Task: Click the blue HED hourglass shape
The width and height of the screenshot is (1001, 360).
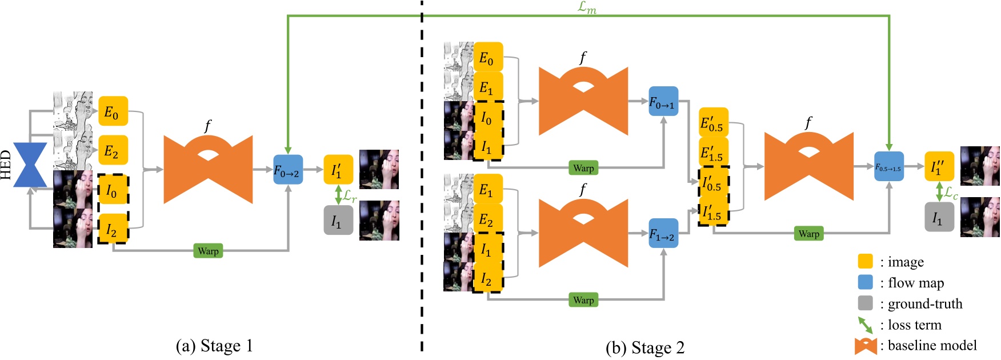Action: (x=30, y=165)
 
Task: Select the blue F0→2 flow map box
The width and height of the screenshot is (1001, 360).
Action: (x=287, y=170)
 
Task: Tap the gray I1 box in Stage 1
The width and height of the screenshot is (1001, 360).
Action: (x=338, y=220)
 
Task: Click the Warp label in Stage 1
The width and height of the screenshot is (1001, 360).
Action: (x=208, y=251)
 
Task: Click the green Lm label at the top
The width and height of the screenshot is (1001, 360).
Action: (x=587, y=7)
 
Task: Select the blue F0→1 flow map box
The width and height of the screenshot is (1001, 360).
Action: (x=663, y=102)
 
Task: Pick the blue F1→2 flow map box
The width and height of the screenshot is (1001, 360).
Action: (x=663, y=233)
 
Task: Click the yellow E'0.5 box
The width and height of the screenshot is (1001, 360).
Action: (x=713, y=122)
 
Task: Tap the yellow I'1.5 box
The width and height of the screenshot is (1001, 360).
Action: (x=713, y=211)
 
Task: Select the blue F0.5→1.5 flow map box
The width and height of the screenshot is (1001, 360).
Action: (x=888, y=167)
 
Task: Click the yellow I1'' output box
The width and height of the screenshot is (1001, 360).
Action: (x=939, y=166)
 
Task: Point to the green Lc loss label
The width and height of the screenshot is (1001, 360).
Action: (x=951, y=193)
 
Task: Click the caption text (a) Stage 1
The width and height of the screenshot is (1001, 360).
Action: (x=214, y=346)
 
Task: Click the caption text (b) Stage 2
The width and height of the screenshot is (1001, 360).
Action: (x=644, y=348)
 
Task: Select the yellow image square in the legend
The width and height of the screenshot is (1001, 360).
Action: (x=865, y=262)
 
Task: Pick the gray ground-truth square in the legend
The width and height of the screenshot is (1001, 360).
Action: (x=865, y=303)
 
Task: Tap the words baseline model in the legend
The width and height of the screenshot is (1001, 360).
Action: (x=932, y=346)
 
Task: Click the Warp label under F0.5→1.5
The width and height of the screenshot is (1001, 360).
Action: (x=808, y=234)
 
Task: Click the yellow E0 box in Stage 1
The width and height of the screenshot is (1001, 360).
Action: (x=113, y=111)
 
